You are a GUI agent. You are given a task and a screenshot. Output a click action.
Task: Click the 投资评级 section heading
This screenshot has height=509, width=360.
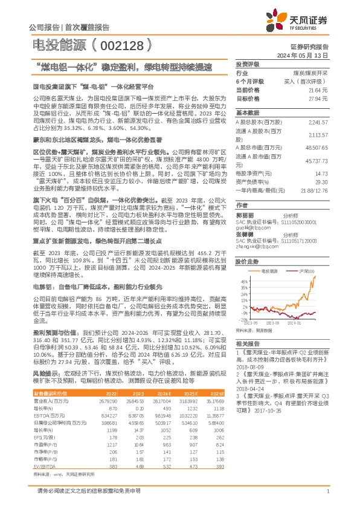click(x=247, y=63)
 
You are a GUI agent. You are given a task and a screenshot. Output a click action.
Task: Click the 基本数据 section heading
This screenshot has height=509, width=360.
click(x=247, y=112)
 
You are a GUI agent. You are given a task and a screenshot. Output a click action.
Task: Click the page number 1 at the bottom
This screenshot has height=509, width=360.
click(x=327, y=493)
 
